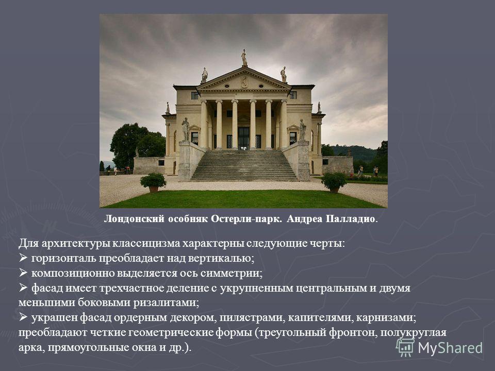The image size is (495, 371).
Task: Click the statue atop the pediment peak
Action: (x=244, y=57)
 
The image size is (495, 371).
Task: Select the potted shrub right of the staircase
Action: (x=334, y=182)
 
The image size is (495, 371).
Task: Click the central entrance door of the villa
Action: (x=244, y=138)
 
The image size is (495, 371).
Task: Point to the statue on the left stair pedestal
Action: (x=185, y=129)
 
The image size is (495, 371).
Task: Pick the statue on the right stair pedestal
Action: (x=303, y=130)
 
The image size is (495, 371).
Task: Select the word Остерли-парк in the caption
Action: (x=246, y=218)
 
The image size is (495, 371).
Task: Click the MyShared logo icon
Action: (x=405, y=348)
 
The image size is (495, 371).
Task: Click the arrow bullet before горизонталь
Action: (x=23, y=258)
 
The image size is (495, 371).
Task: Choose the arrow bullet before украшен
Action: (x=23, y=317)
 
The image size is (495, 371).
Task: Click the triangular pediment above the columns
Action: (x=244, y=79)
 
